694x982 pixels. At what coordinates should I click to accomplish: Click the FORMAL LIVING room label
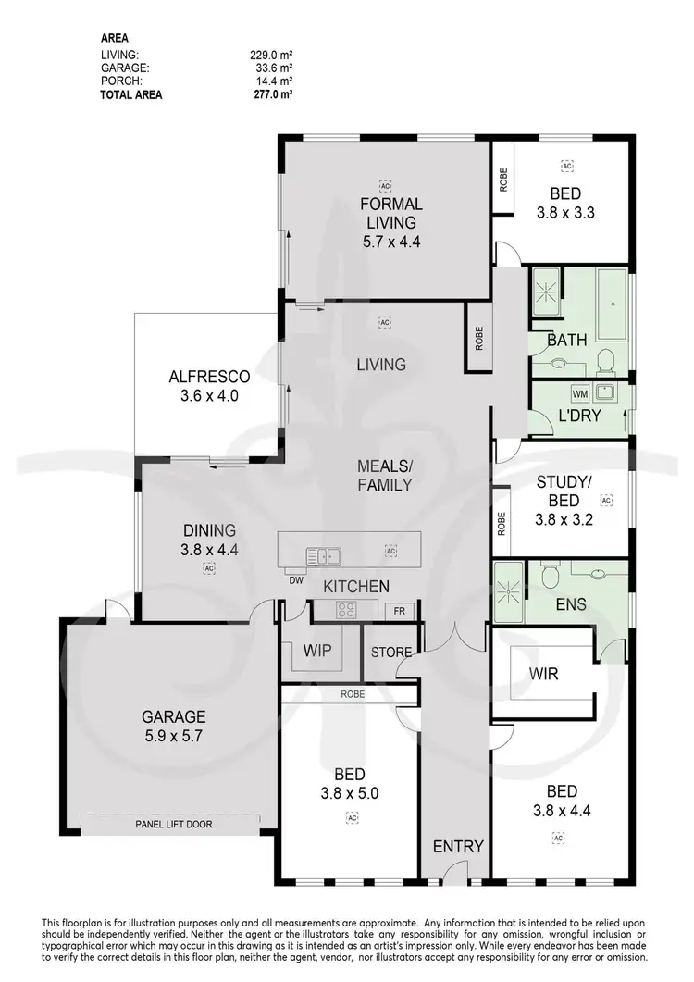pyautogui.click(x=391, y=213)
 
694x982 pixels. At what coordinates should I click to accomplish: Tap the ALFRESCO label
pyautogui.click(x=209, y=377)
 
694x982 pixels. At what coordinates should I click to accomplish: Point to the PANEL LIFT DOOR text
pyautogui.click(x=172, y=822)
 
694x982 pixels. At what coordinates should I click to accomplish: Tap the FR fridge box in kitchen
pyautogui.click(x=399, y=611)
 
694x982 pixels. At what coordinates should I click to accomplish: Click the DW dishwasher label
pyautogui.click(x=296, y=581)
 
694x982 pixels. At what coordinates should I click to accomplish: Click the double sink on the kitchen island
pyautogui.click(x=324, y=556)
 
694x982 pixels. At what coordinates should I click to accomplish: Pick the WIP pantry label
pyautogui.click(x=316, y=651)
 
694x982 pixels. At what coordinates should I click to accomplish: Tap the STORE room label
pyautogui.click(x=391, y=652)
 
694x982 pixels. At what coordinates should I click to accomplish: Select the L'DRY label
pyautogui.click(x=580, y=416)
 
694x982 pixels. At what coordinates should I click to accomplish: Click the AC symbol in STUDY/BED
pyautogui.click(x=607, y=501)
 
